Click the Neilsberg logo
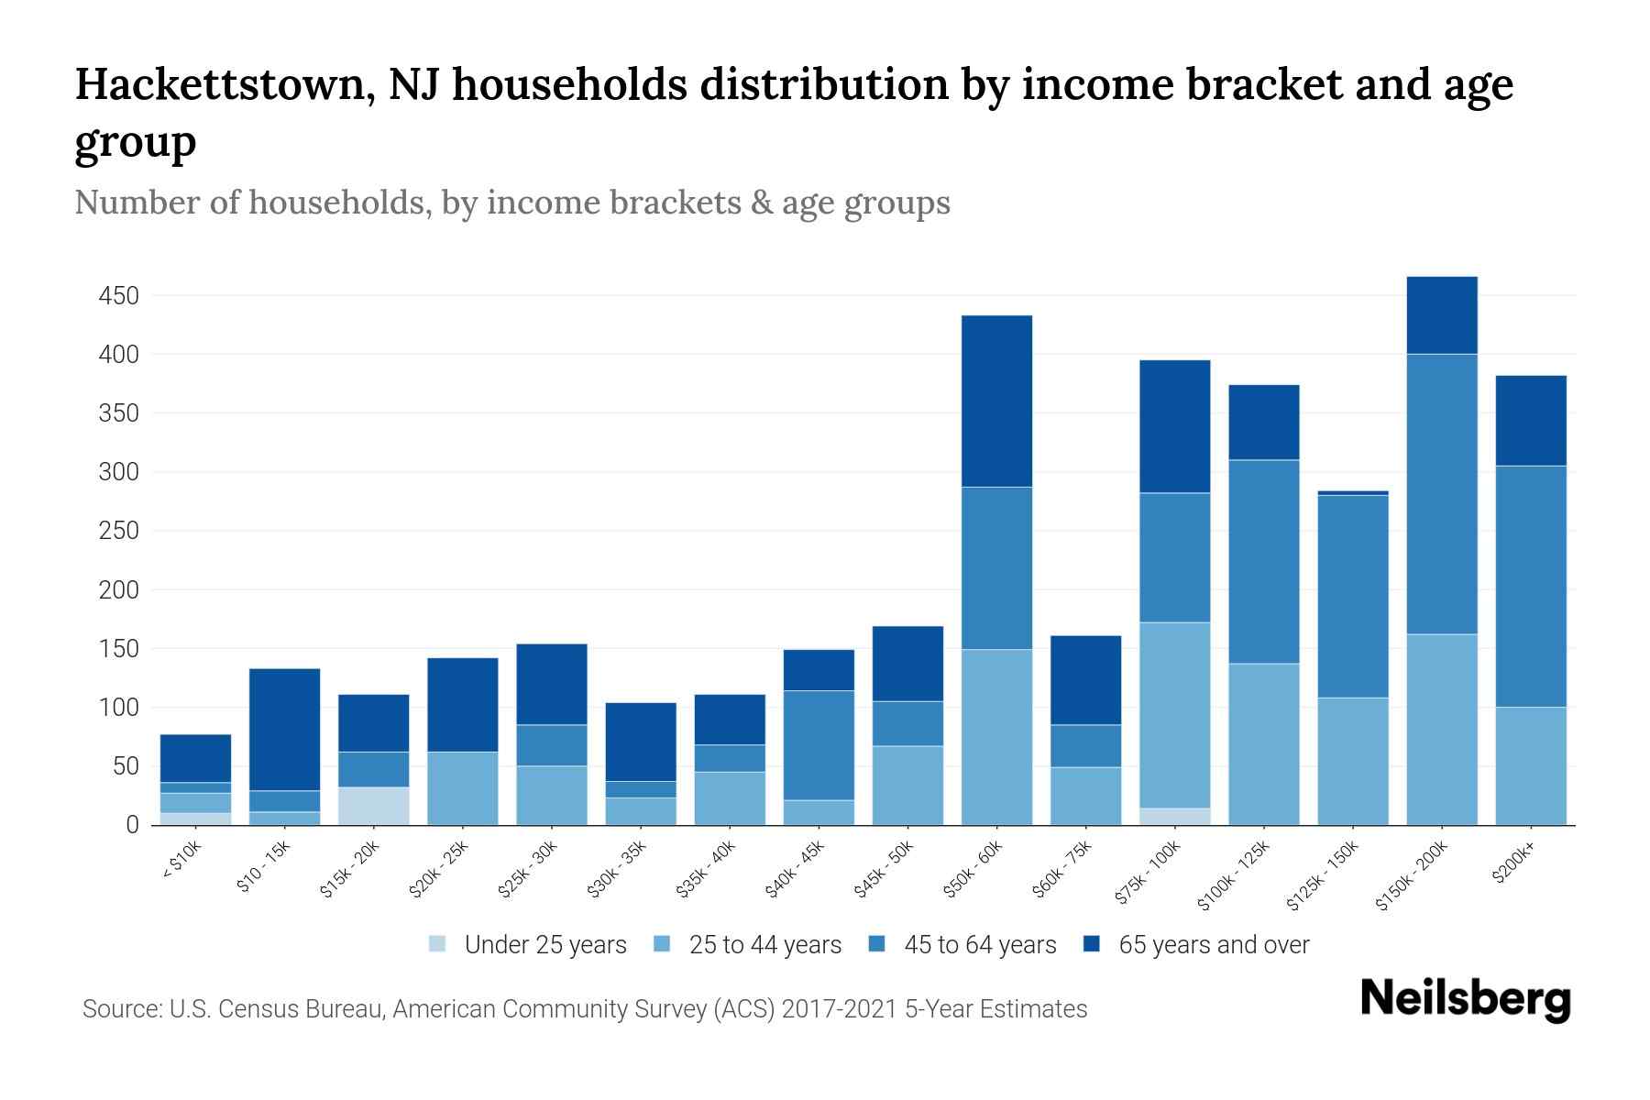click(x=1465, y=999)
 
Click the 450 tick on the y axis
click(x=119, y=296)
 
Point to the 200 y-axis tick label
click(x=119, y=590)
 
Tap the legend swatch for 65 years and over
click(x=1092, y=944)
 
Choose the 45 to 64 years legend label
click(x=979, y=945)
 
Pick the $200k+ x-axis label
click(x=1512, y=865)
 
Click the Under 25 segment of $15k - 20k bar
click(x=373, y=806)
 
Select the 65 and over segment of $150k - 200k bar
click(x=1441, y=315)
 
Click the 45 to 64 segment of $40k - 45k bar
click(x=819, y=745)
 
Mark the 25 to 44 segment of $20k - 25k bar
click(x=462, y=788)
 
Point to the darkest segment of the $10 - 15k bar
click(x=284, y=730)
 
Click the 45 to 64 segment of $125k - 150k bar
click(x=1352, y=596)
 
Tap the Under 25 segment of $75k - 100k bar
click(x=1174, y=817)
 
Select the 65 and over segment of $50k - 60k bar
click(x=996, y=401)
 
